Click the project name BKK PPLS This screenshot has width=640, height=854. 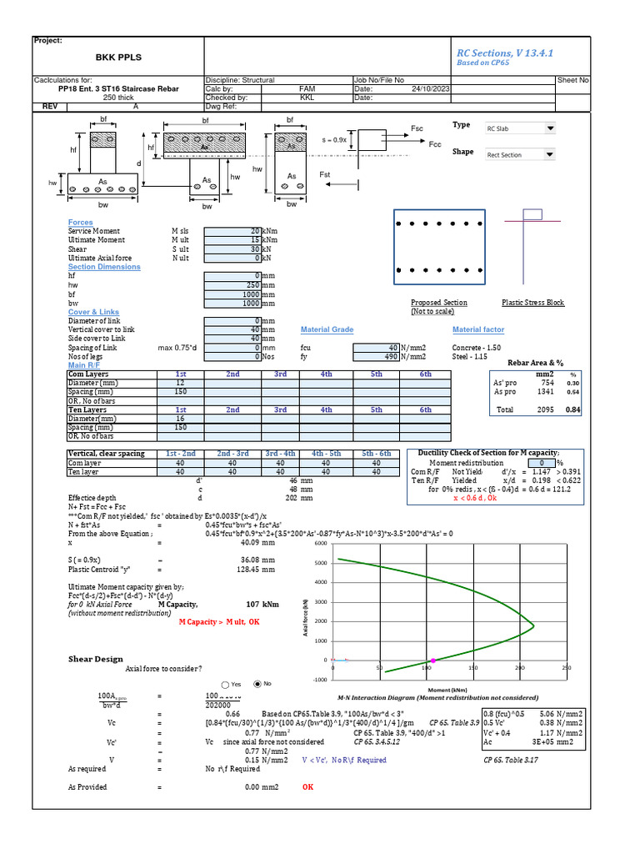[x=119, y=58]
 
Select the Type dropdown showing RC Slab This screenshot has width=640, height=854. [x=521, y=128]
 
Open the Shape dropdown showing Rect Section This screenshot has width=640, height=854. [x=521, y=154]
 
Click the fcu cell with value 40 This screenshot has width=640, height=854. [x=377, y=347]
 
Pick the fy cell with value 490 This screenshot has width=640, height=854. [x=377, y=356]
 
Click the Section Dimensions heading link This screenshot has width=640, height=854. [x=104, y=267]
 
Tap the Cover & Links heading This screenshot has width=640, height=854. [x=93, y=312]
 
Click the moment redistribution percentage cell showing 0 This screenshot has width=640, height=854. [x=542, y=463]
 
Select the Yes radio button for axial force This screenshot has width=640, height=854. [x=226, y=685]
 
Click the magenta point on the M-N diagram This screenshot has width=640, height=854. [x=432, y=661]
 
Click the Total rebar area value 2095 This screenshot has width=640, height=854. [x=546, y=410]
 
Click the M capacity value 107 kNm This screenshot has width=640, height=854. [x=262, y=604]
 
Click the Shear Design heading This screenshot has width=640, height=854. [x=95, y=659]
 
